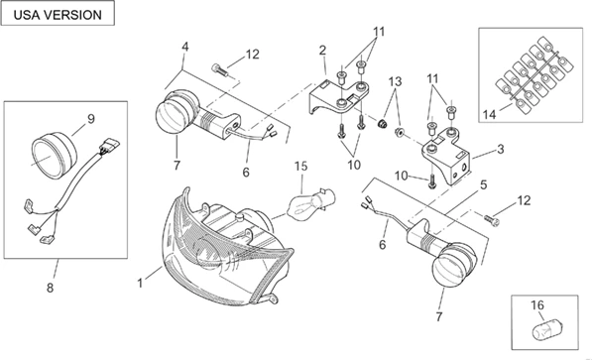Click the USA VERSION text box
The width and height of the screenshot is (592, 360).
click(58, 13)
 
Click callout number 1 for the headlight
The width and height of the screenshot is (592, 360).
click(140, 283)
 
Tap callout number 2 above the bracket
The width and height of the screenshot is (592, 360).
click(322, 51)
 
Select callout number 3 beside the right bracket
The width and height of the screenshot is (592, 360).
click(500, 149)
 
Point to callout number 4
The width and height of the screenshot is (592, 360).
click(184, 47)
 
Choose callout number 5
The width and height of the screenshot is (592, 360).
click(483, 184)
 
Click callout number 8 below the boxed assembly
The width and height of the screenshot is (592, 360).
click(51, 288)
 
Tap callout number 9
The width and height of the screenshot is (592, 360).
click(91, 119)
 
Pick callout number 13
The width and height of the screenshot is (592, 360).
click(396, 81)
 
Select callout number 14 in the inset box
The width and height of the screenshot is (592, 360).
click(489, 114)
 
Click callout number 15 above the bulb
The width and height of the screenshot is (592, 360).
click(300, 167)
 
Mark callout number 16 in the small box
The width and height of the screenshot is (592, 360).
click(537, 304)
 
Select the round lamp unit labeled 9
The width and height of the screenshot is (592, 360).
click(54, 155)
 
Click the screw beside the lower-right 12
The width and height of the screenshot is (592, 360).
click(492, 219)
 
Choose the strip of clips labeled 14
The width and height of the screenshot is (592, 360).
click(533, 75)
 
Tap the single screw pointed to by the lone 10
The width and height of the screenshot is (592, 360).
click(431, 182)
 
